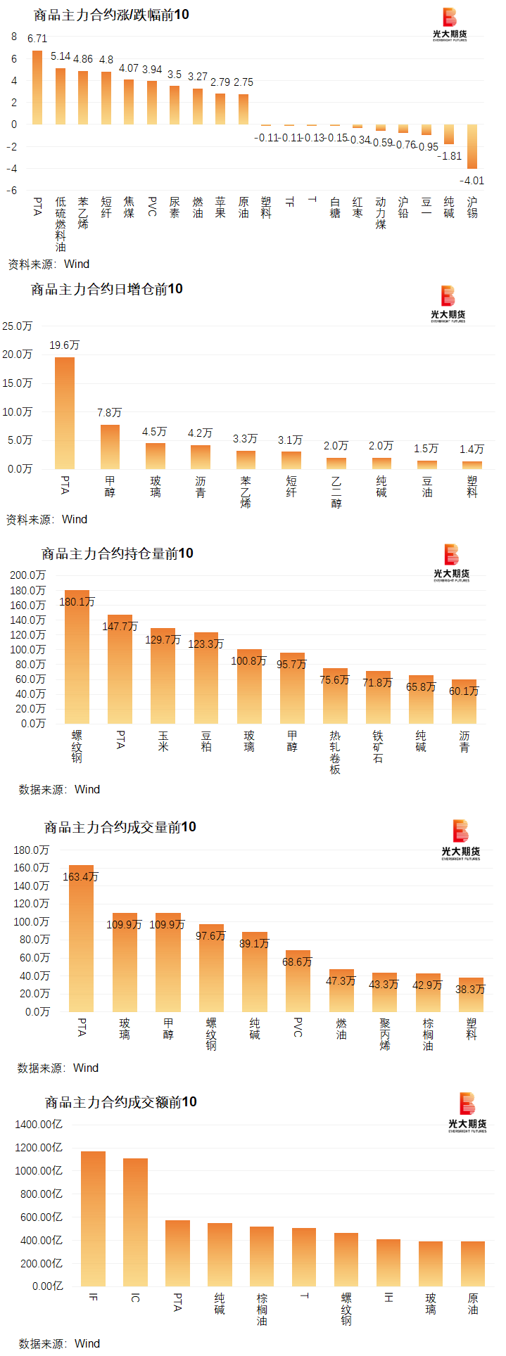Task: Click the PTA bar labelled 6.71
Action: (37, 87)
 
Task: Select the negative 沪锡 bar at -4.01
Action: (472, 146)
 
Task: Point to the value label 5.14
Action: (61, 56)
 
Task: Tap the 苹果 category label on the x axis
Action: (220, 207)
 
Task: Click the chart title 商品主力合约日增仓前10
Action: (107, 289)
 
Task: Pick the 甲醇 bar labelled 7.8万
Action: (110, 447)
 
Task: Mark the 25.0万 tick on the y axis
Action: (18, 326)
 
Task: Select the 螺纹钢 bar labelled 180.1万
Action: (77, 656)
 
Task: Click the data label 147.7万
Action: (120, 626)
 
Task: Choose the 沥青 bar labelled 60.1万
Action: (464, 701)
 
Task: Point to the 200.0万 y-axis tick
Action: (27, 575)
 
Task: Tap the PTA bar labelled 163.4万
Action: (81, 938)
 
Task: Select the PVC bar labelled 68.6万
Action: (298, 981)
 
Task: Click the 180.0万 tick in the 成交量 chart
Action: (32, 850)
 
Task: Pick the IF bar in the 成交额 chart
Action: (93, 1218)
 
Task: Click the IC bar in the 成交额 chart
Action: (135, 1222)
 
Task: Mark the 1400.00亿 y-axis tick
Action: (39, 1124)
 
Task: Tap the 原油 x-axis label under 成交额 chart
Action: (473, 1303)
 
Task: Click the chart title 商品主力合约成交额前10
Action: (121, 1102)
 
